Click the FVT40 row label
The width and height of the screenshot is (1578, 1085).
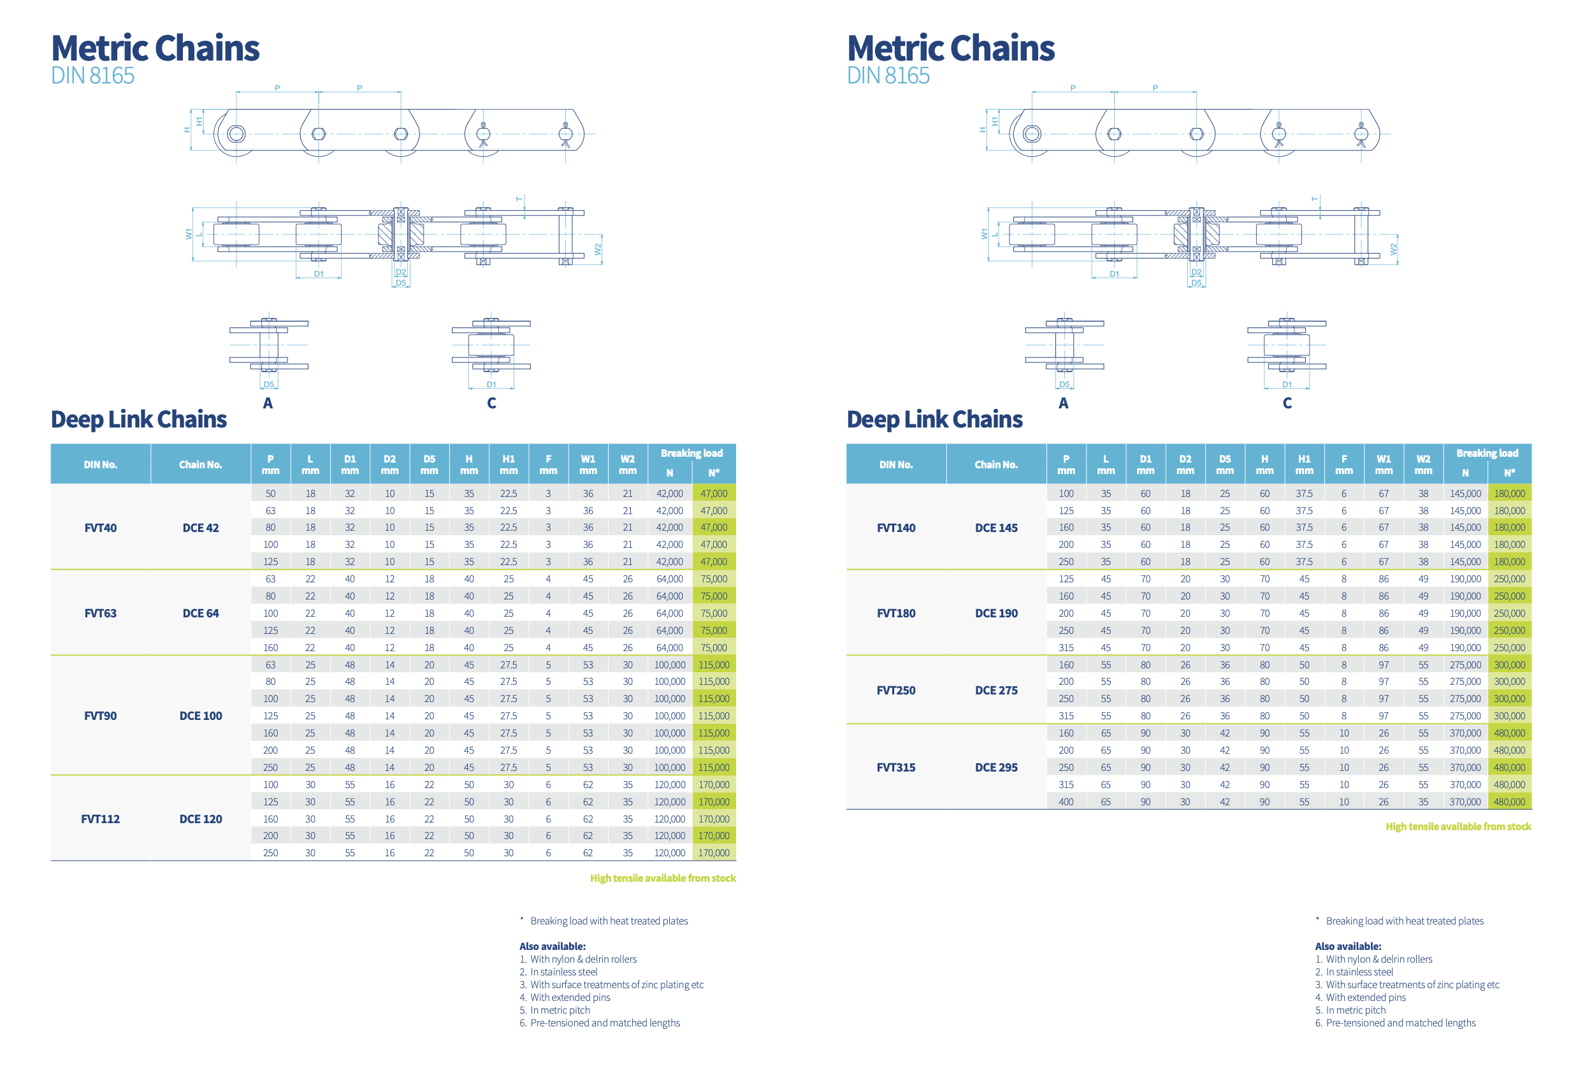pos(100,528)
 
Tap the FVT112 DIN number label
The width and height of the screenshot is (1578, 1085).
pos(100,819)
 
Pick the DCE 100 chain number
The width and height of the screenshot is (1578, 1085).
pos(201,716)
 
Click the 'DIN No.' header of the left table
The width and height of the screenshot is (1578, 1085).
pos(100,465)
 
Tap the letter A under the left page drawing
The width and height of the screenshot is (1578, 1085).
pos(268,403)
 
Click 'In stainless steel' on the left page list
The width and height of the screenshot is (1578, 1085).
pos(563,972)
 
